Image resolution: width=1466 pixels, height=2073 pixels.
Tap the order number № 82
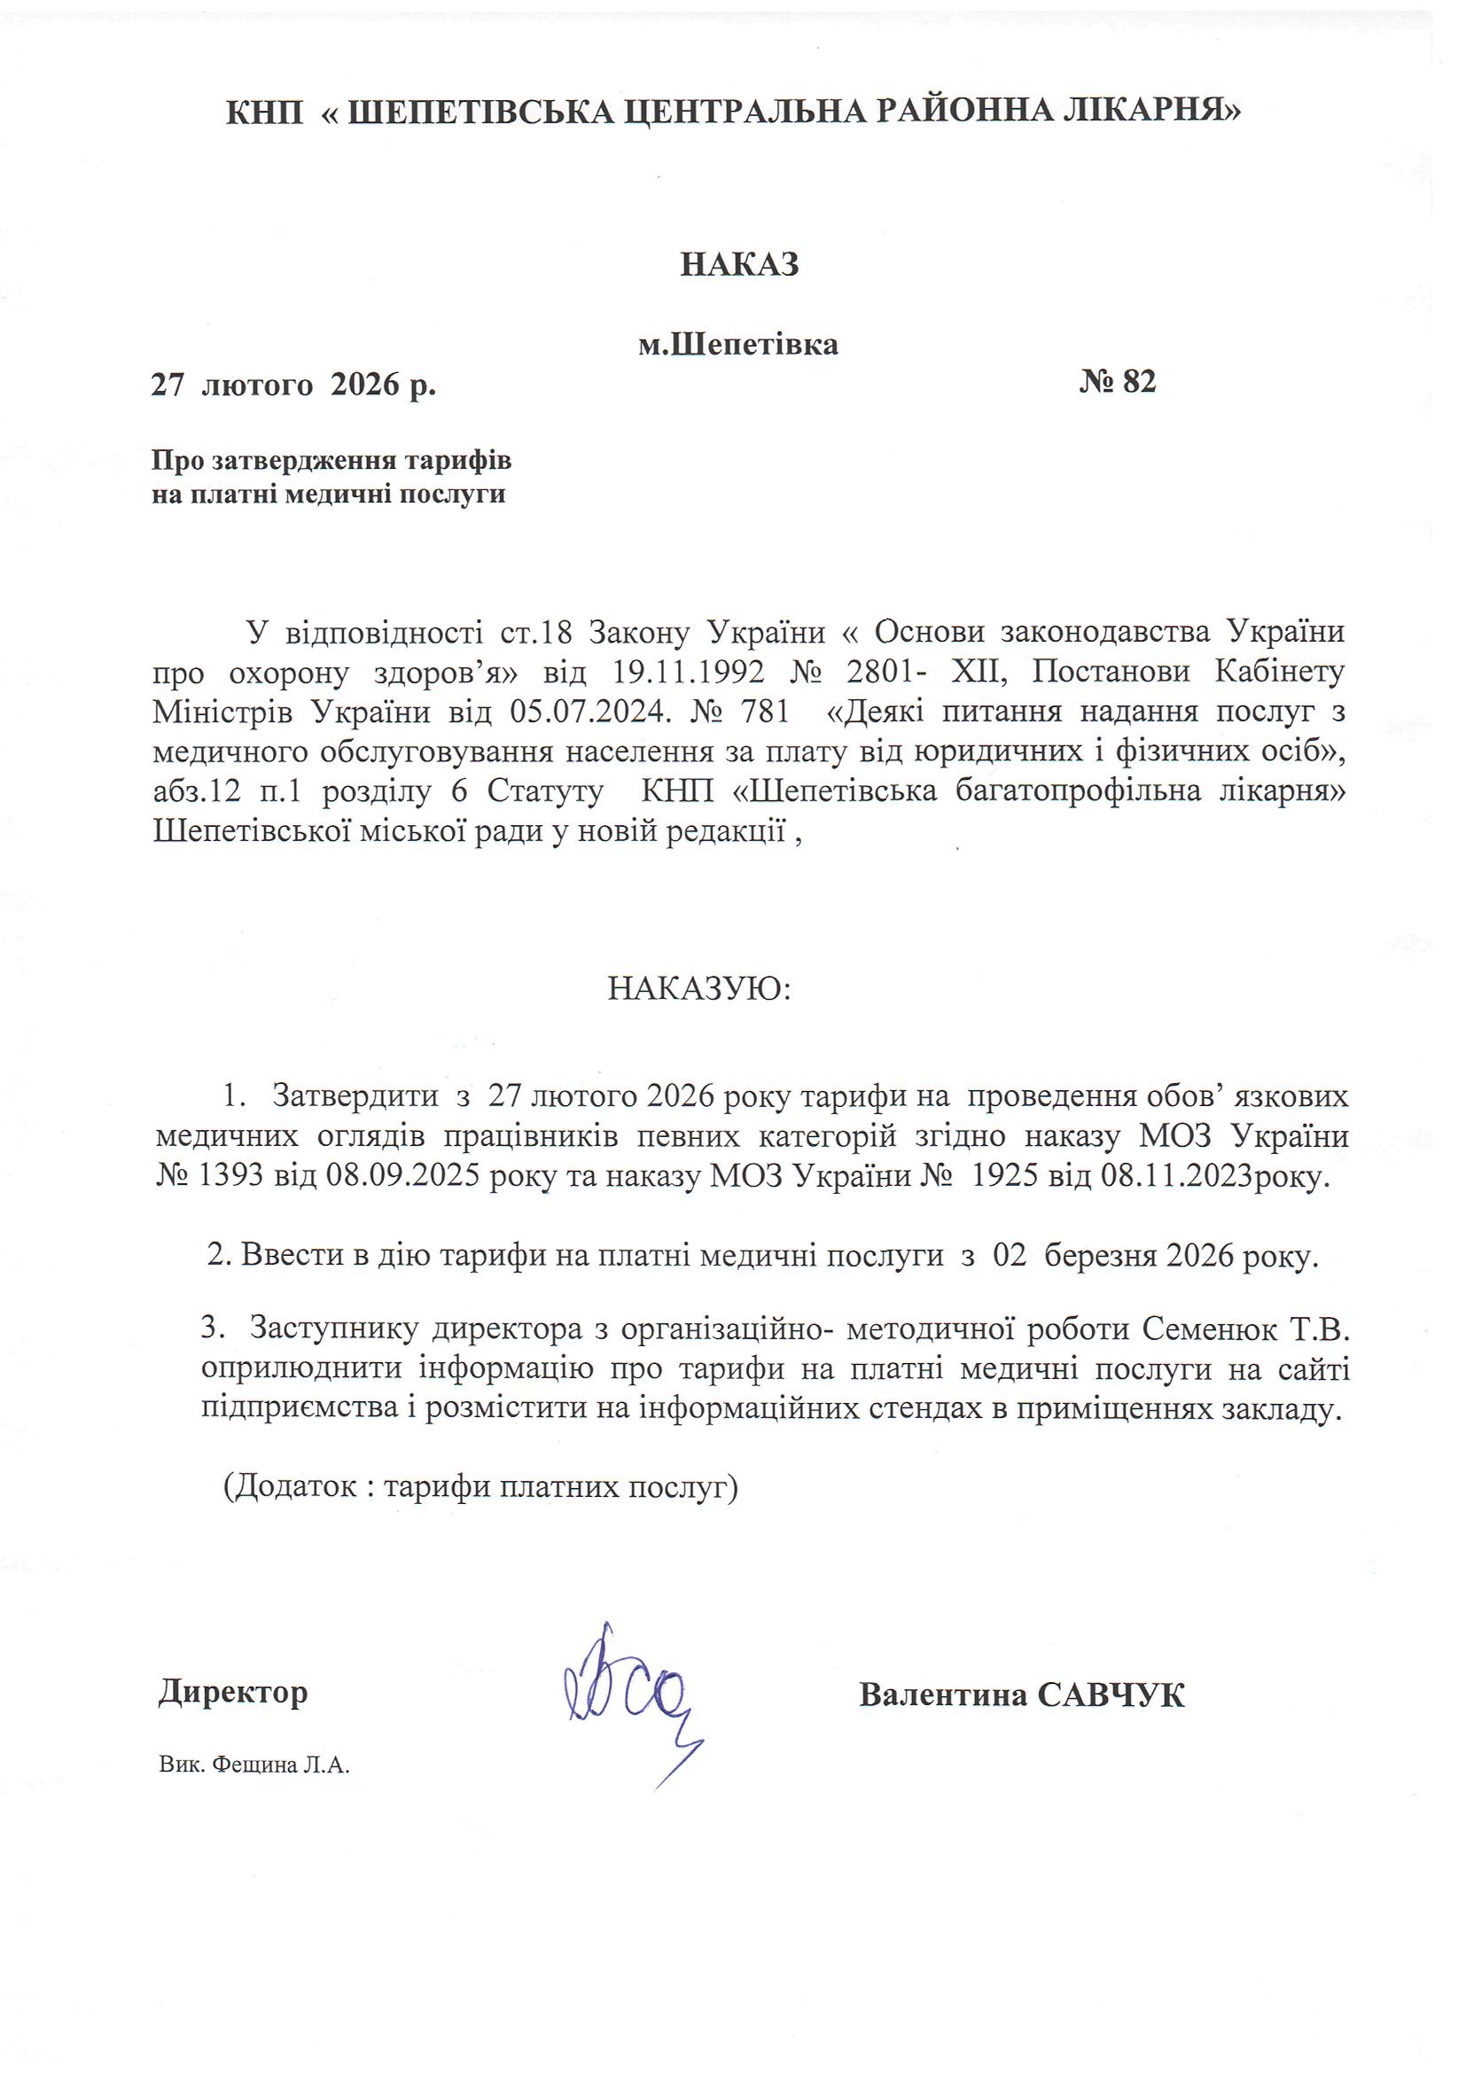coord(1118,382)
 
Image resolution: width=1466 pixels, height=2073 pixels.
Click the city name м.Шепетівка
coord(738,344)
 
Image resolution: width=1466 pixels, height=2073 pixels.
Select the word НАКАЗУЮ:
coord(698,989)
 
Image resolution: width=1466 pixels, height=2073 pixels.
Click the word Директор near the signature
coord(233,1691)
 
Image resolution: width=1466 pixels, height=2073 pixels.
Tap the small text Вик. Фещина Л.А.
coord(253,1765)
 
